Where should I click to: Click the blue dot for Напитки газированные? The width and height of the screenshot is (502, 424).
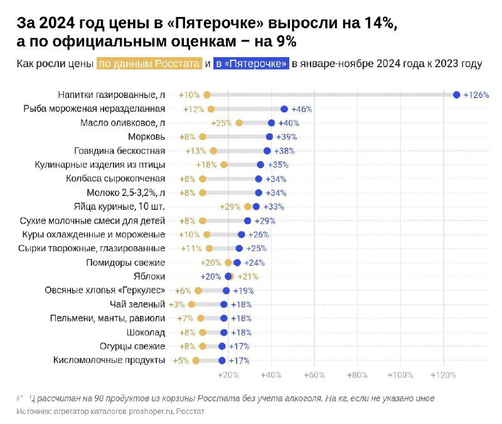456,95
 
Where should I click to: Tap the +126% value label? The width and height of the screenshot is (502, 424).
476,95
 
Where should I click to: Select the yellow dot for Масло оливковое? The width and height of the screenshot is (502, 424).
239,122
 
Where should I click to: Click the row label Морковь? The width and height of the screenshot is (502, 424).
146,137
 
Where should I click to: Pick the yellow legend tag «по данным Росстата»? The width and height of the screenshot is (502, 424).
149,64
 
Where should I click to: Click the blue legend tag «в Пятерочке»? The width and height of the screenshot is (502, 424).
251,64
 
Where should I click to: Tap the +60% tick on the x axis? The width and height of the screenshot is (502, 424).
314,375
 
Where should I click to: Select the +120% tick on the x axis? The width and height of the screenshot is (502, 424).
443,375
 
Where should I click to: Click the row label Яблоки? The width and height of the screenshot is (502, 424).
150,276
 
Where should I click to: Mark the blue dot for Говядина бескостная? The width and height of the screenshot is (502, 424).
267,151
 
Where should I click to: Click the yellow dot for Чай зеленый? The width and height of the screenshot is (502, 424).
192,304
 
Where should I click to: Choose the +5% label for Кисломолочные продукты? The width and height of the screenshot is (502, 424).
181,361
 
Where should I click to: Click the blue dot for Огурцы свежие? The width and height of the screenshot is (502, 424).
222,346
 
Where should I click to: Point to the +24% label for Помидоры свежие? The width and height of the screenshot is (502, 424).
254,263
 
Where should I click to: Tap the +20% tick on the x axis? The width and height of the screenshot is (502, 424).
228,375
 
